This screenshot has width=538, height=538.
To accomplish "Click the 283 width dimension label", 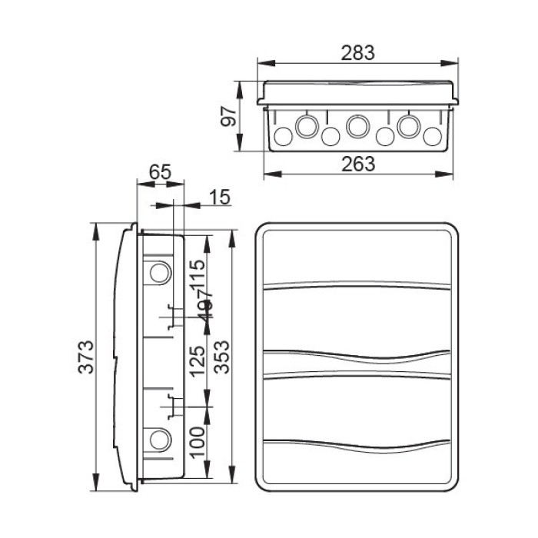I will tap(357, 52).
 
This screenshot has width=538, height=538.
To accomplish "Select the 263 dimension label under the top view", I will tap(357, 164).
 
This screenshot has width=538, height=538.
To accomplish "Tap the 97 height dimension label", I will tap(226, 117).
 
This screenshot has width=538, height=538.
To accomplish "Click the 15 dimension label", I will tap(219, 198).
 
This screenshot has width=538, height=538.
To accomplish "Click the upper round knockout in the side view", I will tap(159, 272).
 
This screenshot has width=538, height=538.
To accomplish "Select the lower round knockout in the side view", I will tap(159, 440).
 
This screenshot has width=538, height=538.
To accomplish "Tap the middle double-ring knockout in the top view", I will tap(357, 125).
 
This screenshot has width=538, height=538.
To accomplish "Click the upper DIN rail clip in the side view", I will tap(171, 317).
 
